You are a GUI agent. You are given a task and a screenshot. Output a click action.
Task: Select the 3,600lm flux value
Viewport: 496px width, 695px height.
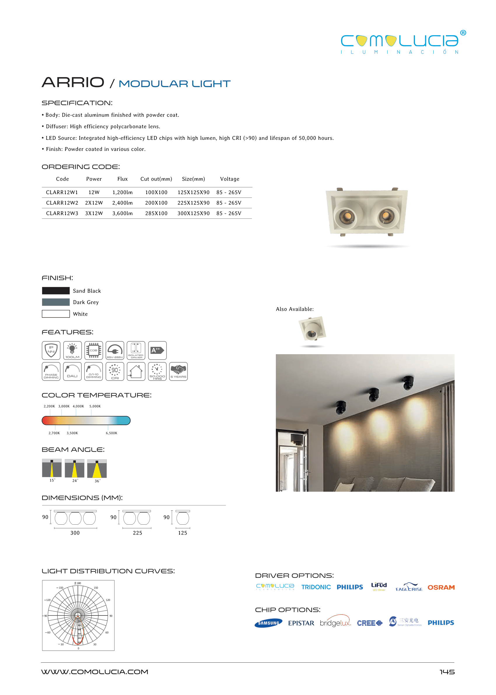(122, 213)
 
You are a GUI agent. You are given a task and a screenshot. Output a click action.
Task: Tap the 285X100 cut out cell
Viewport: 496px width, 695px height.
(156, 213)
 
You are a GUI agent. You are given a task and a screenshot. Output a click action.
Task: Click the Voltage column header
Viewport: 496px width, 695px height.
(230, 179)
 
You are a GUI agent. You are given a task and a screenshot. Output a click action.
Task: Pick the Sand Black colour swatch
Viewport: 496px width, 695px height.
(56, 291)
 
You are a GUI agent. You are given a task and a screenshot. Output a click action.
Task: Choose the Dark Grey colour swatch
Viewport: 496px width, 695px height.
(56, 302)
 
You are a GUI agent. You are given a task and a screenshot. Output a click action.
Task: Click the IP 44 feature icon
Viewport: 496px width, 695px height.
(51, 350)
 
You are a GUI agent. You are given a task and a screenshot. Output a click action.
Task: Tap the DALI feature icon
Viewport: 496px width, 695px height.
(72, 371)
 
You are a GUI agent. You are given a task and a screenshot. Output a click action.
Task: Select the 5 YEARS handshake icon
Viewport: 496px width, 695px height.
(178, 371)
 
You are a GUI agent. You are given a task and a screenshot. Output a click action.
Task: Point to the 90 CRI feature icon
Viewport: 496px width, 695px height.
(115, 371)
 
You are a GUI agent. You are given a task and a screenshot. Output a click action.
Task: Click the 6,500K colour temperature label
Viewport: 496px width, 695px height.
(111, 433)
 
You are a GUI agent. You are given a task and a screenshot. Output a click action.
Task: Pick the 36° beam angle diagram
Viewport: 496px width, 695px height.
(97, 469)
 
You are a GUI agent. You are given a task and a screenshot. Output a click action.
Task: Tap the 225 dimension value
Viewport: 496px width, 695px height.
(137, 533)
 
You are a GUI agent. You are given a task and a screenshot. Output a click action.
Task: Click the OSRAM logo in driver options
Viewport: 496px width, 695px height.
(441, 587)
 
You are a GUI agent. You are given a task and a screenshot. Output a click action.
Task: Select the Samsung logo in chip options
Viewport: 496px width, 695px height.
(269, 623)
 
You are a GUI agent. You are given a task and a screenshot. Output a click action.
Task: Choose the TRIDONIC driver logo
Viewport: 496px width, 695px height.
(316, 587)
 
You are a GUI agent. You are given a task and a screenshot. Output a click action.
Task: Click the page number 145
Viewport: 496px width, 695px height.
(447, 672)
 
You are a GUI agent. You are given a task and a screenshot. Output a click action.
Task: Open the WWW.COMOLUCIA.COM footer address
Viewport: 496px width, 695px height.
(95, 672)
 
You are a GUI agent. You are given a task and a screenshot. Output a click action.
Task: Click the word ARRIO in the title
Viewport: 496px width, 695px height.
(73, 82)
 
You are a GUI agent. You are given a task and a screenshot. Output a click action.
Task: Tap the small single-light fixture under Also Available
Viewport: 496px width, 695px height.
(312, 329)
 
